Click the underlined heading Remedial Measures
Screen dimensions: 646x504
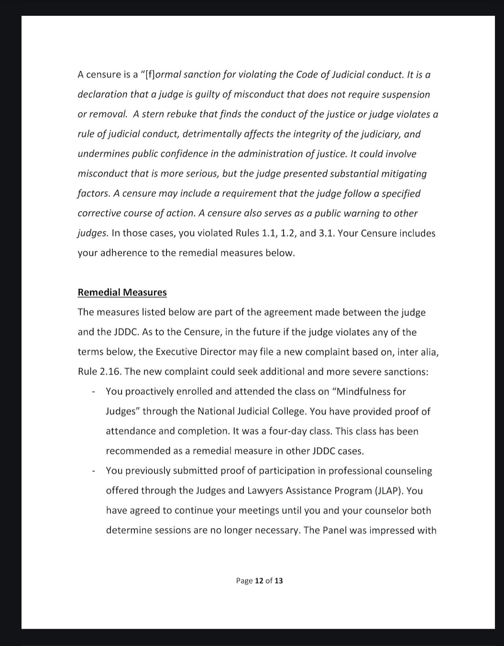tap(122, 292)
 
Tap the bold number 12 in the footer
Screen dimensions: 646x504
tap(259, 580)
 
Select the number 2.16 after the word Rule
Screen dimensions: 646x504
tap(110, 372)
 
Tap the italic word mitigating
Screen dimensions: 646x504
tap(403, 174)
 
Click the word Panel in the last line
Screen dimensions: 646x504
tap(335, 530)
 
